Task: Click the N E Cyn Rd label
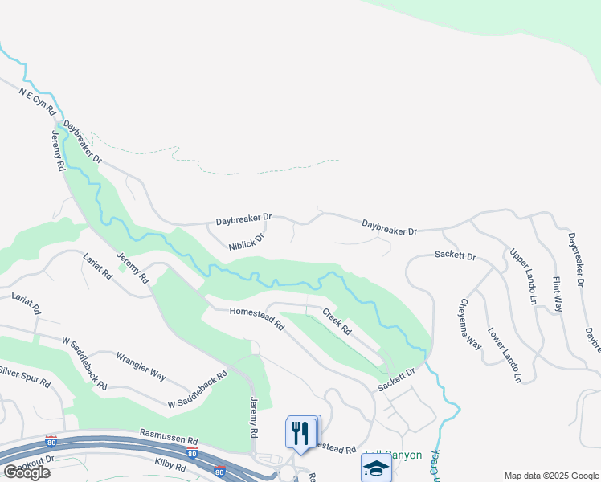tap(37, 100)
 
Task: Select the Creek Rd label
tap(337, 321)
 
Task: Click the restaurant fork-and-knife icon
tap(301, 433)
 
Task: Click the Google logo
tap(27, 472)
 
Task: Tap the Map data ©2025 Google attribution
tap(550, 476)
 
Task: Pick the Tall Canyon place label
tap(394, 455)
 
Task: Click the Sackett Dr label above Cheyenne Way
tap(456, 256)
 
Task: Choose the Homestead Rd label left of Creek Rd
tap(257, 319)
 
